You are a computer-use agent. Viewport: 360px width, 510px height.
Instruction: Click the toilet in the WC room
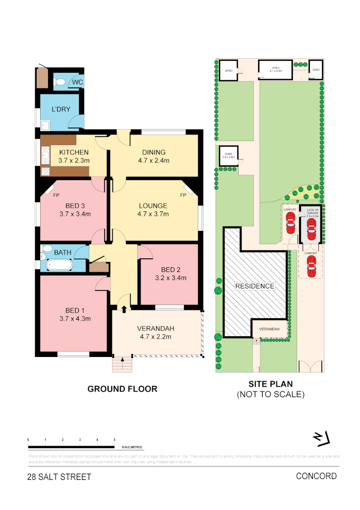tap(60, 83)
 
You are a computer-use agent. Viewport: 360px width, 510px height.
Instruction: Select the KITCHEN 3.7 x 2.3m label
tap(74, 156)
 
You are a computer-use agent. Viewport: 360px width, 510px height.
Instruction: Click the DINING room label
tap(154, 152)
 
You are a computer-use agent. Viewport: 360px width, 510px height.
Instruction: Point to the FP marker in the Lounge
tap(183, 195)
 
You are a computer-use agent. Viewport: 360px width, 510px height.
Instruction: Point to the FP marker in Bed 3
tap(56, 195)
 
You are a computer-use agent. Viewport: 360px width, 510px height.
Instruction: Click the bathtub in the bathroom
tap(56, 265)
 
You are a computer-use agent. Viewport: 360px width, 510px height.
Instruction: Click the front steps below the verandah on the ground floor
tap(122, 365)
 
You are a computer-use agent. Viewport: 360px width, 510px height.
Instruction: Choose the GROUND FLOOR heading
tap(122, 389)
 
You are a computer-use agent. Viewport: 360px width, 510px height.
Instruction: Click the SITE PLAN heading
tap(270, 384)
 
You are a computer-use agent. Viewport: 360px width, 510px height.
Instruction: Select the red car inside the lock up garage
tap(310, 230)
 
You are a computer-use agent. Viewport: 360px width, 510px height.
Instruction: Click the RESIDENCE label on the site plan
tap(254, 286)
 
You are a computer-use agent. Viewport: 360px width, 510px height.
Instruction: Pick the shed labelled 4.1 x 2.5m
tap(275, 69)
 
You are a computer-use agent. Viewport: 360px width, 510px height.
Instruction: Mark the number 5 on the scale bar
tap(115, 440)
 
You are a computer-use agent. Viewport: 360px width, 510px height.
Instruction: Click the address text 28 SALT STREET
tap(59, 477)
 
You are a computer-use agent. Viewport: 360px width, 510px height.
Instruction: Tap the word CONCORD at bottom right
tap(316, 476)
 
